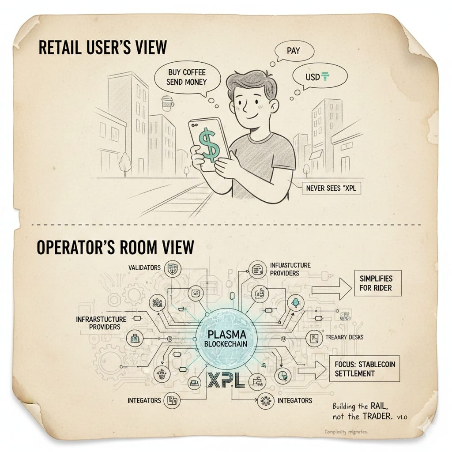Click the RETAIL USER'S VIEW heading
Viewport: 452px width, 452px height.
tap(103, 47)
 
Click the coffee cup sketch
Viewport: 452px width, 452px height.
tap(167, 102)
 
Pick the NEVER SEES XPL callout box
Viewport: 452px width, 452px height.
tap(331, 189)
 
